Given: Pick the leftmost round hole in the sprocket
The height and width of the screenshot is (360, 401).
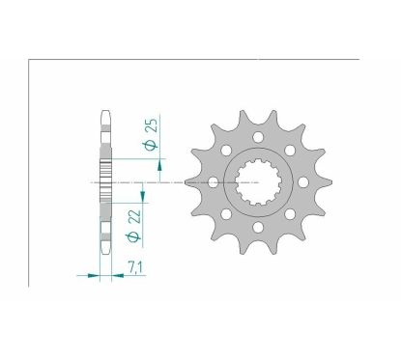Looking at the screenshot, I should pos(213,181).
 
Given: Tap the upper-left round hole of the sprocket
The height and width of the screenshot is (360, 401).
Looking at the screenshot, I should pos(225,152).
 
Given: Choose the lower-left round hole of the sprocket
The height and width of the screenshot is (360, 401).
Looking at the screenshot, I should pos(225,211).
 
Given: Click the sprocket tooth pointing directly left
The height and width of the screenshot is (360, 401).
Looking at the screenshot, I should pos(190,181).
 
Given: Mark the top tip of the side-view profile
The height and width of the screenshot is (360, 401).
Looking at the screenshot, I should pos(105,109).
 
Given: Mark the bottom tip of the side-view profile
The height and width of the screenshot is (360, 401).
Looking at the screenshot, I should pos(105,254).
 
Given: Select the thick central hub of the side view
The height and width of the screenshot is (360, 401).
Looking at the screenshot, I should pos(105,181).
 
